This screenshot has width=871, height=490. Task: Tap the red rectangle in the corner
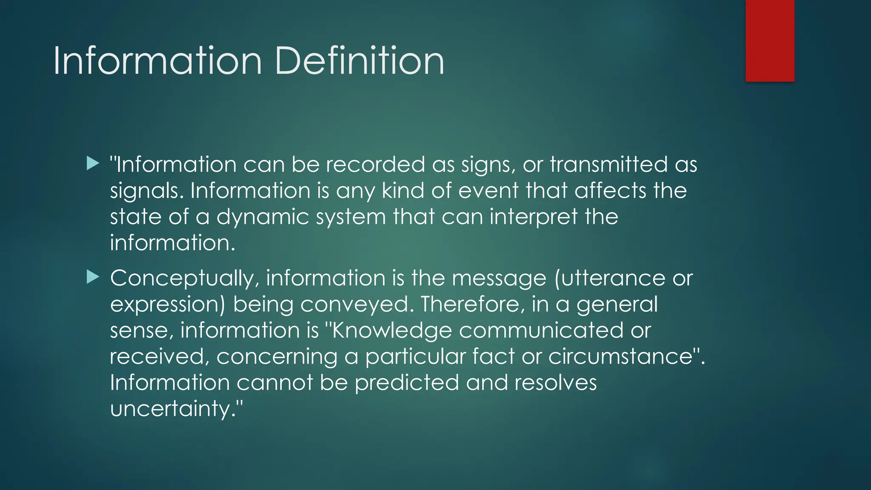[770, 40]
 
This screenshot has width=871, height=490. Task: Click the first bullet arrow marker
[93, 163]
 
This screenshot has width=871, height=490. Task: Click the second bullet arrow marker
[93, 277]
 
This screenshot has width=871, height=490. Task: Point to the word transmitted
[609, 165]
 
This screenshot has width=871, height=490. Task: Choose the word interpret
[533, 217]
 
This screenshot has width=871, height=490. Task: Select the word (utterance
[610, 279]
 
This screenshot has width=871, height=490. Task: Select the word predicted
[407, 383]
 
